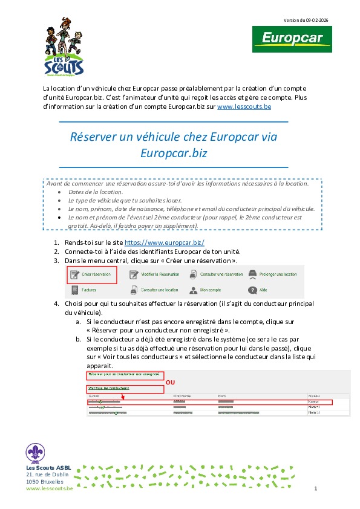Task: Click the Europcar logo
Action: pyautogui.click(x=287, y=39)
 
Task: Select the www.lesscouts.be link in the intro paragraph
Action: pyautogui.click(x=244, y=106)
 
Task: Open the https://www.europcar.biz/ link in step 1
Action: pyautogui.click(x=160, y=242)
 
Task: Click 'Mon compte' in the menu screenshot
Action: pyautogui.click(x=210, y=290)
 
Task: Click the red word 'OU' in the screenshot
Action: pyautogui.click(x=170, y=383)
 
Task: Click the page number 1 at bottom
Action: pyautogui.click(x=316, y=488)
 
